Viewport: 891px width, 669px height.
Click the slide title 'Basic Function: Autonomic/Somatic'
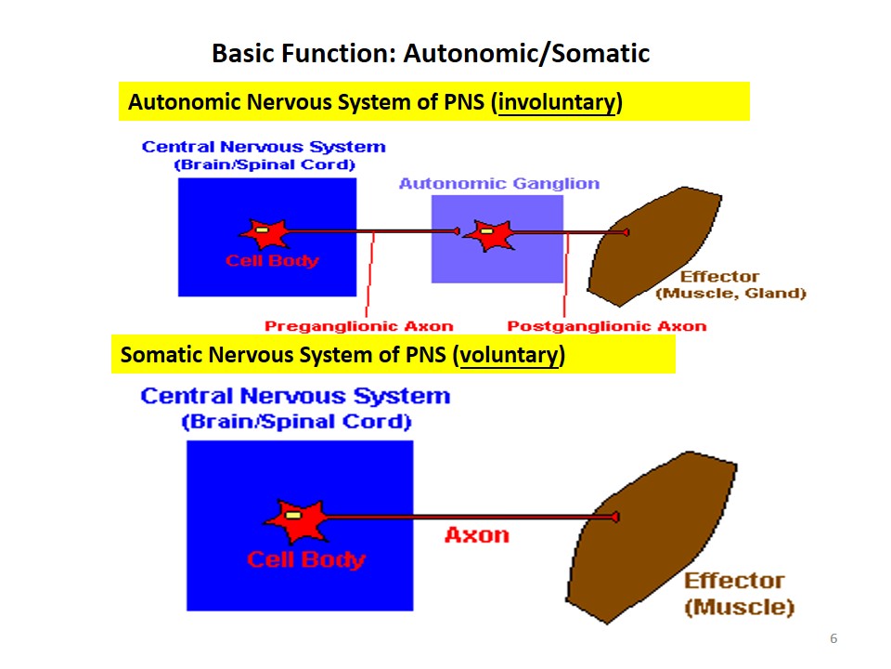(x=431, y=53)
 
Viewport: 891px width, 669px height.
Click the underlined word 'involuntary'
(x=557, y=102)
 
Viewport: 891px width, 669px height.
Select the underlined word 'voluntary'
(x=510, y=355)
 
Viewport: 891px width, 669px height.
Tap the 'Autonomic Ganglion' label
(x=499, y=183)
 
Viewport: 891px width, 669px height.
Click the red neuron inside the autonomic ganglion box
(x=487, y=234)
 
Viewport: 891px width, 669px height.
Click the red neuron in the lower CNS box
(x=297, y=519)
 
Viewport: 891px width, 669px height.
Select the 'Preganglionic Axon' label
(x=359, y=326)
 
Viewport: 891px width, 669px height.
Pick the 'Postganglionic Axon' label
(x=606, y=326)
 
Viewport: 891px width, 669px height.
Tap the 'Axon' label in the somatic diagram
(x=476, y=535)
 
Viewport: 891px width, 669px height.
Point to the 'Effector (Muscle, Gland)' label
(x=730, y=285)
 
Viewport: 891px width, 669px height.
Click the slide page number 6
(x=833, y=639)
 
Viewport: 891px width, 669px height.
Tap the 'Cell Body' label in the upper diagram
(x=272, y=260)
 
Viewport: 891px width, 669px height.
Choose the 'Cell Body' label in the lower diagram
(x=306, y=559)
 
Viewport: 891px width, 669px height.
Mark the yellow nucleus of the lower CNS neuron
(x=292, y=515)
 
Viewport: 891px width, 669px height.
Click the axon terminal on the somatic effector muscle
(x=615, y=517)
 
